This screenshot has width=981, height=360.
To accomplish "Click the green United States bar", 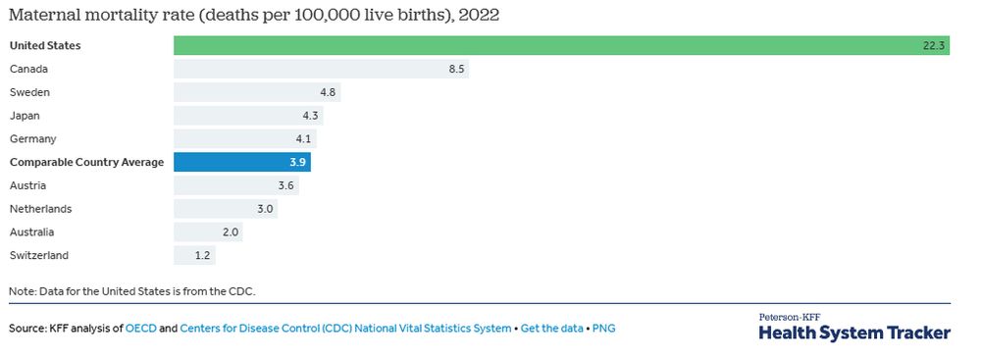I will pos(561,45).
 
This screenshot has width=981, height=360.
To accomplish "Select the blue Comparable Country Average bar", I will pos(242,162).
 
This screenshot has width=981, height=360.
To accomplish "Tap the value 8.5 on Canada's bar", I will pos(456,69).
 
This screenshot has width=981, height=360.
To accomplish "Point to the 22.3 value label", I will pos(933,45).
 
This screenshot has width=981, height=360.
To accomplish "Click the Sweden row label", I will pos(29,92).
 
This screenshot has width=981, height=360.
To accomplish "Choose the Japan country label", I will pos(25,116).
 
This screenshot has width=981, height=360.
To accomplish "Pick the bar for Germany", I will pos(245,139).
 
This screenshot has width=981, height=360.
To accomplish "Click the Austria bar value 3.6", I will pos(286,185).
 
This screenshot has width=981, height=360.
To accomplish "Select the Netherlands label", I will pos(40,209).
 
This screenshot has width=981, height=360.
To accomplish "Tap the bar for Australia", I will pos(208,232).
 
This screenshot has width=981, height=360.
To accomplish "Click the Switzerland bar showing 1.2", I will pos(194,256).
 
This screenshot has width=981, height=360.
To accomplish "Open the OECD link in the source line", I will pos(139,329).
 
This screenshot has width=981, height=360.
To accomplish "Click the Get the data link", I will pos(551,329).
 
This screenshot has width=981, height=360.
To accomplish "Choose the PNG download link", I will pos(604,329).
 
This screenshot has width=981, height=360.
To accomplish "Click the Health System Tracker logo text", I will pos(854,334).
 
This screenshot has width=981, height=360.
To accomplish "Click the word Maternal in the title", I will pos(45,15).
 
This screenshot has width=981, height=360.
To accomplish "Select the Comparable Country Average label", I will pos(86,163).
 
